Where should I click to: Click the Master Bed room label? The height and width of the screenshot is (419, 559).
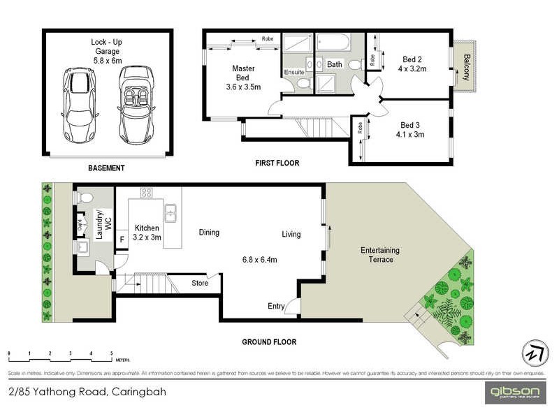243,78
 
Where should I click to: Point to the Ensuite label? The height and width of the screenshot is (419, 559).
293,72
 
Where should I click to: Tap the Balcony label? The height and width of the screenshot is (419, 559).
466,66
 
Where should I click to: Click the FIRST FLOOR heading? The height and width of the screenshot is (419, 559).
276,163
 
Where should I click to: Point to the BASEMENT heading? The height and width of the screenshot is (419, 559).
106,168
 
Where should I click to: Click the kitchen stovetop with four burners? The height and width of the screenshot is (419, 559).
147,193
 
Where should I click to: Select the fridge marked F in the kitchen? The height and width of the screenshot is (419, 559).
122,239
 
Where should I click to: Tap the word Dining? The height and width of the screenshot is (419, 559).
209,233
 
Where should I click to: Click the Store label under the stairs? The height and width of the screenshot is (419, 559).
200,283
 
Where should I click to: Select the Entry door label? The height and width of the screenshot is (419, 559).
276,306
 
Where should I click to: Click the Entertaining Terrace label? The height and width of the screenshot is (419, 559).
379,255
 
